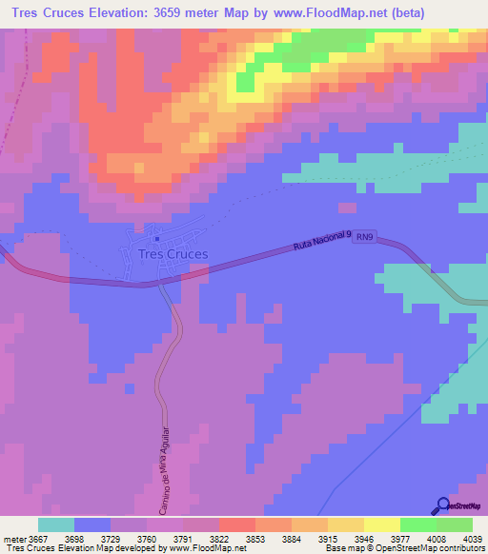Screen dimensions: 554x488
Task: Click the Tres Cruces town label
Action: pos(173,254)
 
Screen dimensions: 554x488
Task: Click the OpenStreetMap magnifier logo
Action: pos(443,506)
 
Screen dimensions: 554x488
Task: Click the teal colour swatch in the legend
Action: pos(55,524)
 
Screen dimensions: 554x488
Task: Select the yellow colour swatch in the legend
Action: pos(381,524)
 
